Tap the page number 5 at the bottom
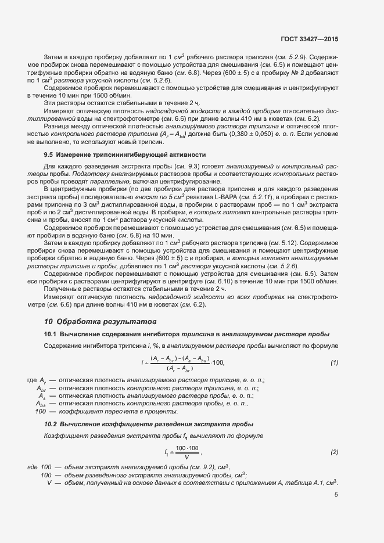[x=336, y=495]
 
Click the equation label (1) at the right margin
[x=334, y=363]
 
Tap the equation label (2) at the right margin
[x=334, y=452]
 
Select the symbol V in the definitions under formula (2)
[x=50, y=483]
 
